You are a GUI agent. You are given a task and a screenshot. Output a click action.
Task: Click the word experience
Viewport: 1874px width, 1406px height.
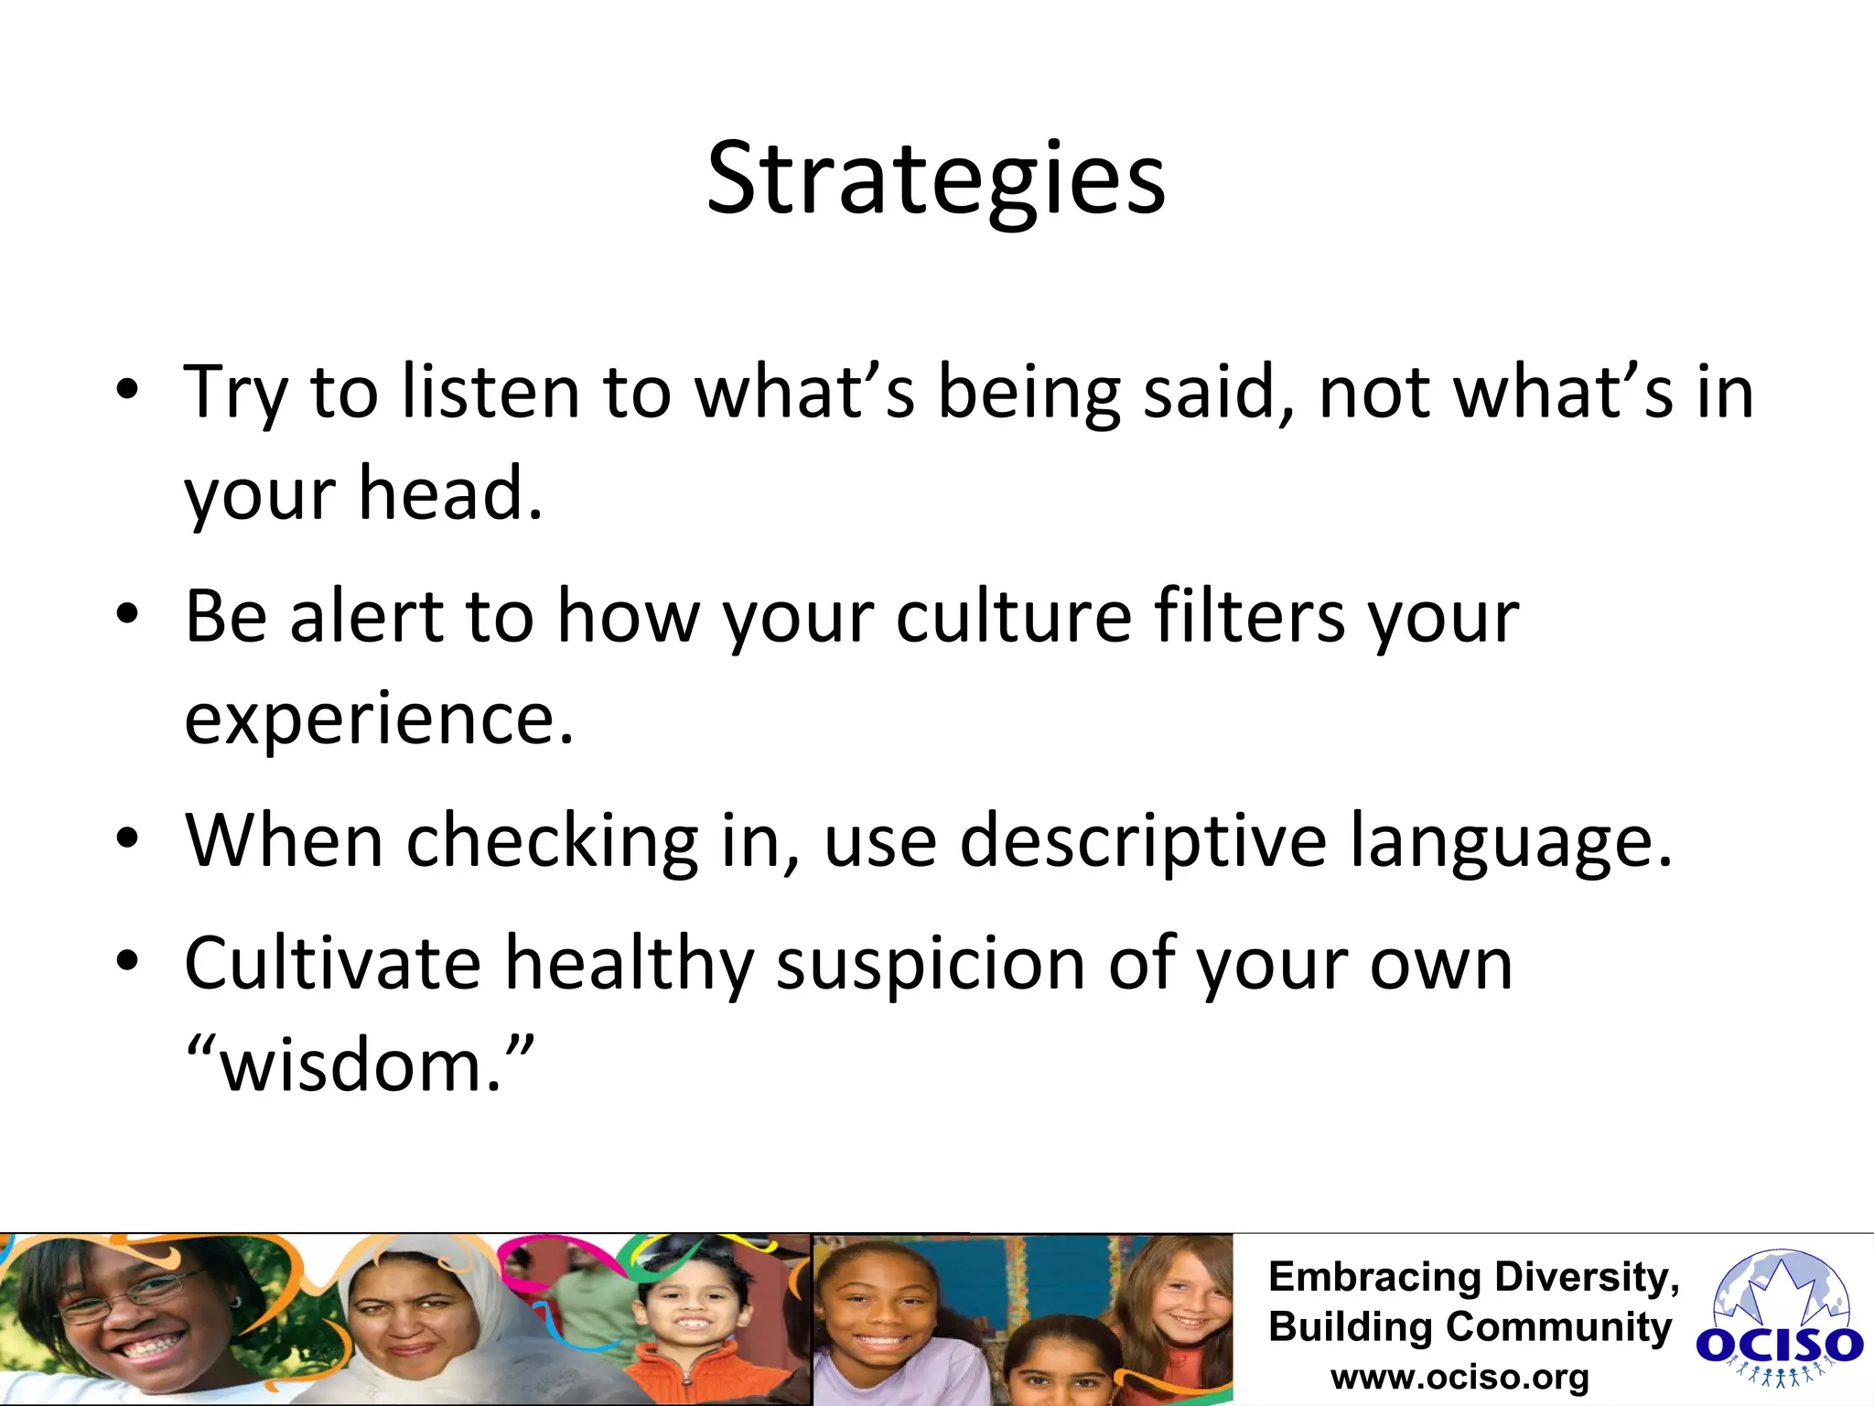coord(379,719)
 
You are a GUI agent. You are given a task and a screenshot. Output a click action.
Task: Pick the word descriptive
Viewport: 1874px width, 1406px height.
coord(1143,840)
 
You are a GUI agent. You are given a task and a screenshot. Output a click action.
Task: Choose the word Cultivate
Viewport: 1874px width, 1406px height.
coord(332,963)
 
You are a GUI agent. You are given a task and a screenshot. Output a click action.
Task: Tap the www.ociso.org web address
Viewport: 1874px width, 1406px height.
coord(1459,1377)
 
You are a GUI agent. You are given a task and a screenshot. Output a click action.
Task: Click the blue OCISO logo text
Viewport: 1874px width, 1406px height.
coord(1779,1346)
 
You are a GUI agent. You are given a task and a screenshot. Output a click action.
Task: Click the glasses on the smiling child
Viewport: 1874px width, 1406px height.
coord(128,1298)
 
